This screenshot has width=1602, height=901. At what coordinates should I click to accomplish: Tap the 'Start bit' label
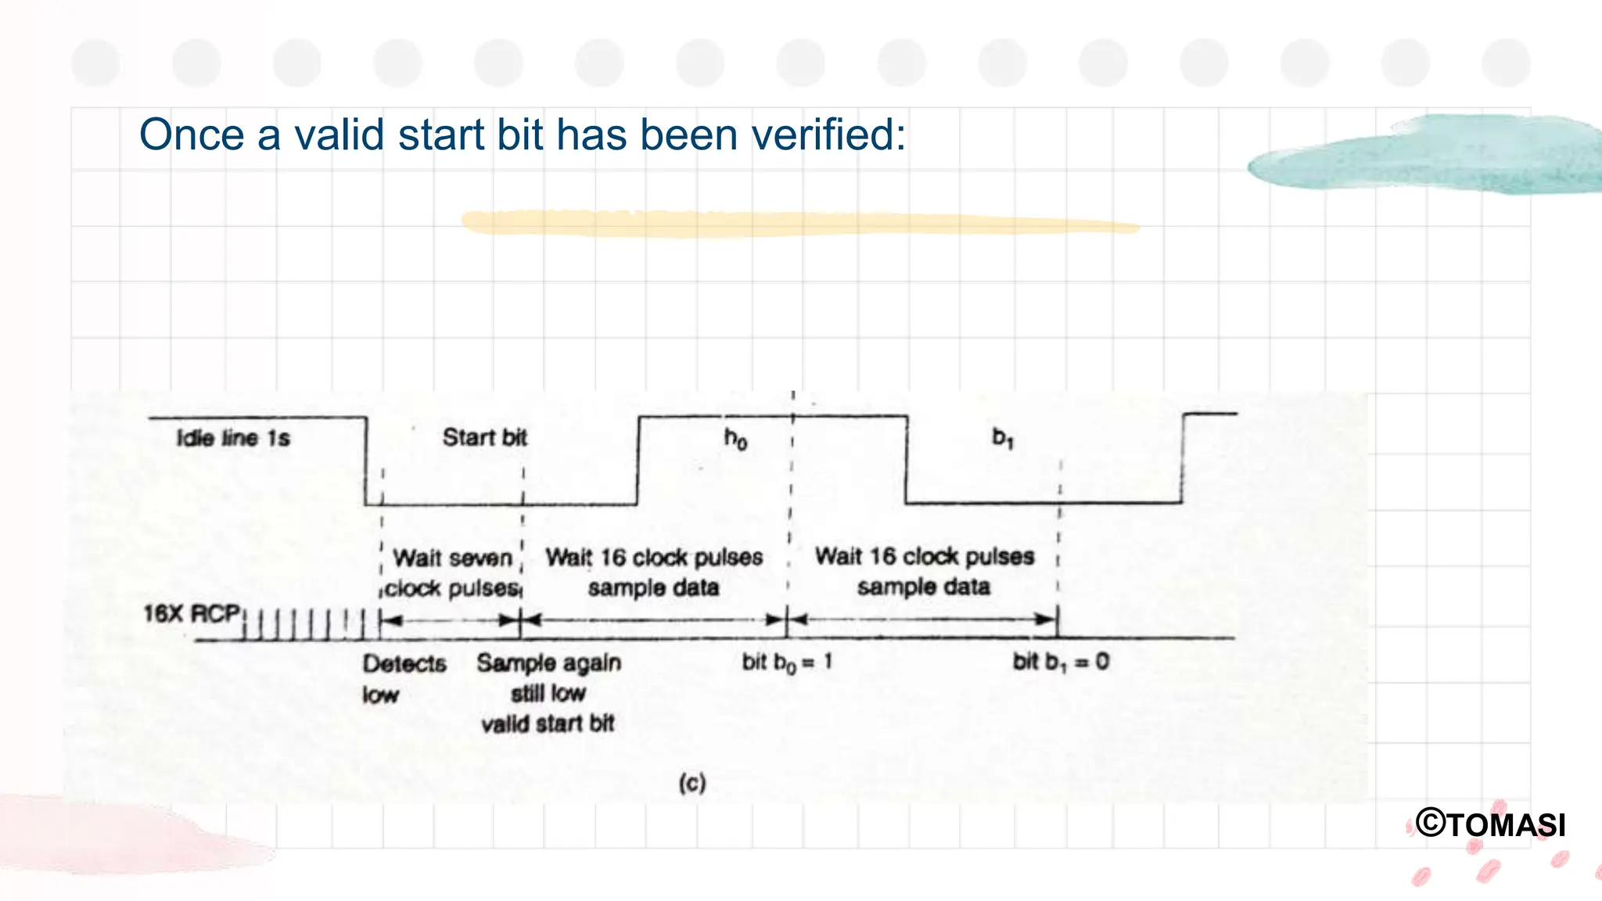point(484,437)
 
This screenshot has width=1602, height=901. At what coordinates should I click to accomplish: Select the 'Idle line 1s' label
point(233,438)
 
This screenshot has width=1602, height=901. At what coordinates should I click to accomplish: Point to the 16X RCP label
point(192,614)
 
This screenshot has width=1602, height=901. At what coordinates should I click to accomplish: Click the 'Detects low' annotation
point(403,678)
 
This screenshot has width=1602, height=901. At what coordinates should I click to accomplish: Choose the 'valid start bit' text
point(548,723)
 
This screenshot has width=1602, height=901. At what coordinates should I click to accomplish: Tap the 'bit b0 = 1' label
point(787,662)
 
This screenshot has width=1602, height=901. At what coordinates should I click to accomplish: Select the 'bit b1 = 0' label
point(1061,662)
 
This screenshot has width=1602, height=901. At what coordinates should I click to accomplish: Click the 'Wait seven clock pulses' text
point(453,573)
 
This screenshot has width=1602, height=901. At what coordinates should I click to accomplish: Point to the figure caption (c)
point(692,782)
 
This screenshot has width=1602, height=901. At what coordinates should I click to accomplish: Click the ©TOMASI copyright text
point(1491,824)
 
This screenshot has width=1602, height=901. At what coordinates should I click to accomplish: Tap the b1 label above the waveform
point(1003,438)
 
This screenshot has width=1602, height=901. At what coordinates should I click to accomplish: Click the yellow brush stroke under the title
point(798,224)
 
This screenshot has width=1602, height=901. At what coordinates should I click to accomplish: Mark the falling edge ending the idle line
point(365,461)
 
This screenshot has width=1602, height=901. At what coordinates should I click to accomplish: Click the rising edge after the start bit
point(638,461)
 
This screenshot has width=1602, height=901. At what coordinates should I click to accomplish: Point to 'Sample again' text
point(548,663)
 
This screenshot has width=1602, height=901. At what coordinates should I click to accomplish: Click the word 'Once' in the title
point(192,135)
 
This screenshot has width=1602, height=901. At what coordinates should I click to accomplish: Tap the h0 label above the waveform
point(735,440)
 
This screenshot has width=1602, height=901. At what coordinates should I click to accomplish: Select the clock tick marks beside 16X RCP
point(305,625)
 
